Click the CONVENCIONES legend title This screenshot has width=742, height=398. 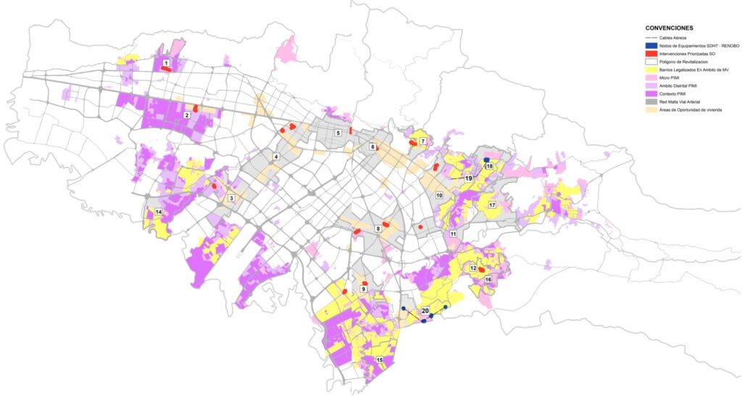click(669, 28)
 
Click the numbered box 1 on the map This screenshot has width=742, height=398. click(167, 64)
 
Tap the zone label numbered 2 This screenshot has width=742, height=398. click(187, 115)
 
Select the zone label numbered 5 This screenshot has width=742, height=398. click(338, 133)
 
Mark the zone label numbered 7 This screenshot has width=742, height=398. click(422, 141)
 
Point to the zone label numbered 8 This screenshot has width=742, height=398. click(378, 229)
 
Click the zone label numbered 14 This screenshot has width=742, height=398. click(158, 212)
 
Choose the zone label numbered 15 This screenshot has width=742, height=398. click(379, 360)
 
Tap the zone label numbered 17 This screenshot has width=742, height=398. click(492, 206)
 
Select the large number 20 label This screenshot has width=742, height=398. click(425, 310)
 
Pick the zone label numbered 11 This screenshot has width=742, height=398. click(453, 234)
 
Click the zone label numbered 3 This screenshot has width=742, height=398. click(231, 198)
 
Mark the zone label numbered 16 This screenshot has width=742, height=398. click(488, 279)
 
